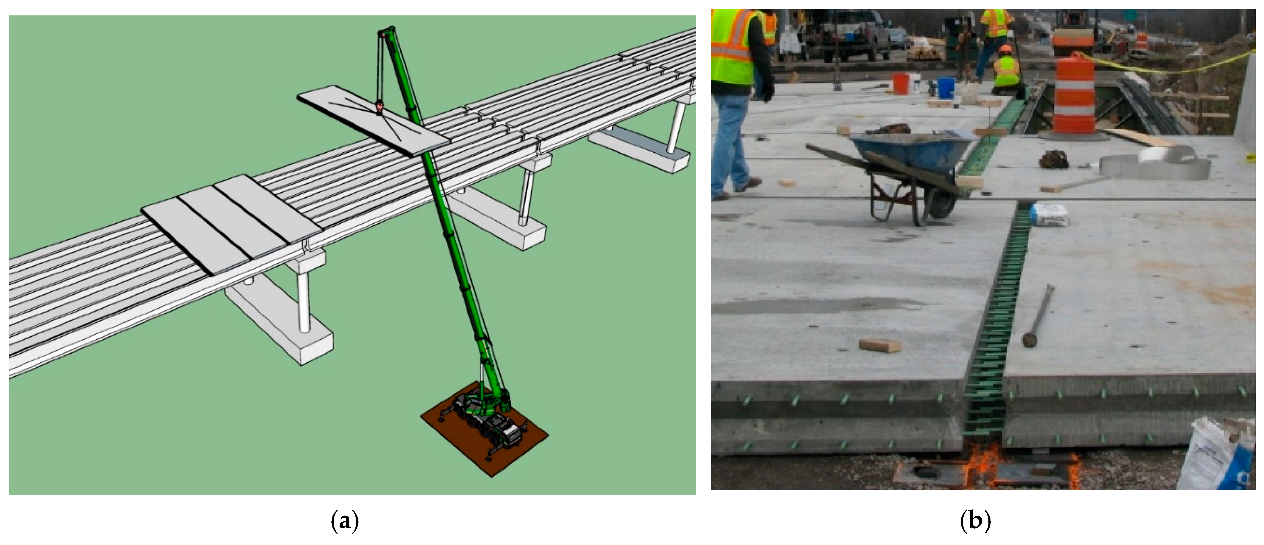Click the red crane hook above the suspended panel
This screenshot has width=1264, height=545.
point(379,105)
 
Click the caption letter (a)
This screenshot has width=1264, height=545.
point(345,521)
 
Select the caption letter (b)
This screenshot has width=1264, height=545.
point(975,521)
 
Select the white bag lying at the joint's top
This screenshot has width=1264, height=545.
point(1049,215)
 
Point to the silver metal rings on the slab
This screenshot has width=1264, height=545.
point(1155,163)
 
